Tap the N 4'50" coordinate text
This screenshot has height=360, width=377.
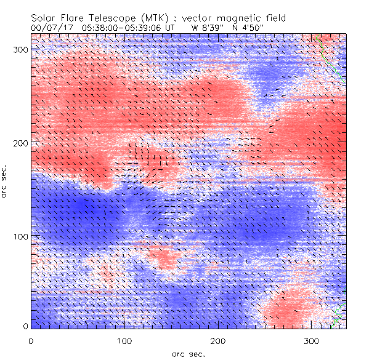pyautogui.click(x=251, y=28)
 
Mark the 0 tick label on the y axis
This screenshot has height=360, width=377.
pyautogui.click(x=25, y=326)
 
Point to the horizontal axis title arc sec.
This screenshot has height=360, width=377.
pyautogui.click(x=188, y=353)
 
